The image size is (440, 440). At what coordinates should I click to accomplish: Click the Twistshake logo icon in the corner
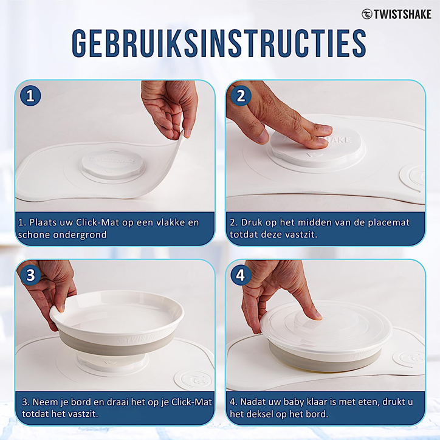(x=366, y=14)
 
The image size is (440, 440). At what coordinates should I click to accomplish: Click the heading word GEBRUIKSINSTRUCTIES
(x=219, y=43)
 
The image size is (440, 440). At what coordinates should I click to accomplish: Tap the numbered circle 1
(x=30, y=96)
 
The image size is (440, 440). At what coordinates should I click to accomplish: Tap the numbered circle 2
(x=241, y=96)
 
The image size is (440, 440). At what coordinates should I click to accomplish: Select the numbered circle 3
(x=30, y=275)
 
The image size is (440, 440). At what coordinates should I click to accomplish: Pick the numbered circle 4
(x=241, y=275)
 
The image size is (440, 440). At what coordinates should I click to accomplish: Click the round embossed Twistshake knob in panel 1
(x=112, y=166)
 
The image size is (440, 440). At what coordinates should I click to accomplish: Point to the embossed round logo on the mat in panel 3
(x=193, y=379)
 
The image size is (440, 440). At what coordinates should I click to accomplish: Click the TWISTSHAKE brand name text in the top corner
(x=402, y=15)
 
